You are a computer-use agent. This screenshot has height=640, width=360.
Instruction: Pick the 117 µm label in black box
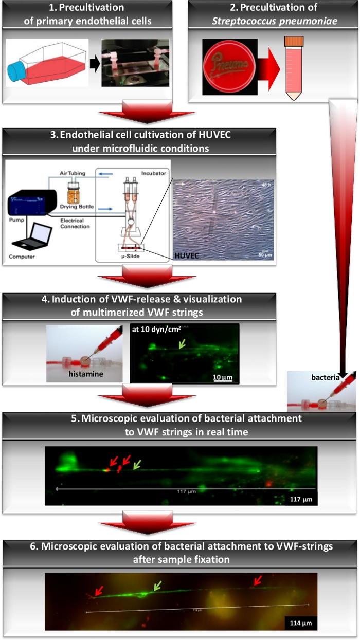301,499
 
